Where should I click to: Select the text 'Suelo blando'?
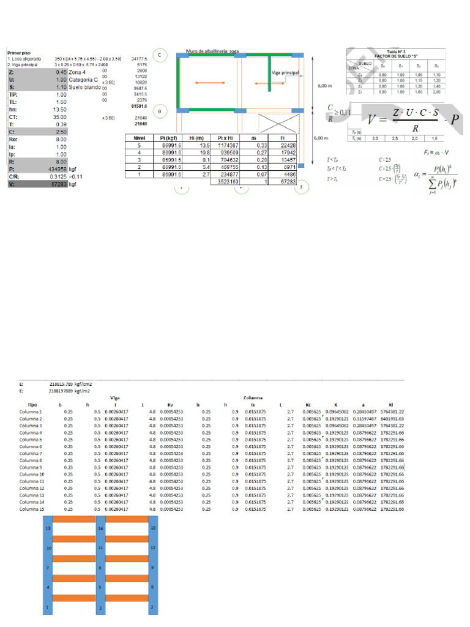click(x=86, y=88)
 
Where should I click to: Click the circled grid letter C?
click(x=159, y=55)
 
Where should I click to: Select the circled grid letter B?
click(x=159, y=111)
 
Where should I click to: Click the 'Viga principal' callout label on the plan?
click(x=286, y=72)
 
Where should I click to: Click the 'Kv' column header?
click(x=171, y=405)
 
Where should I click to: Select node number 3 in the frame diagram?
click(x=153, y=608)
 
